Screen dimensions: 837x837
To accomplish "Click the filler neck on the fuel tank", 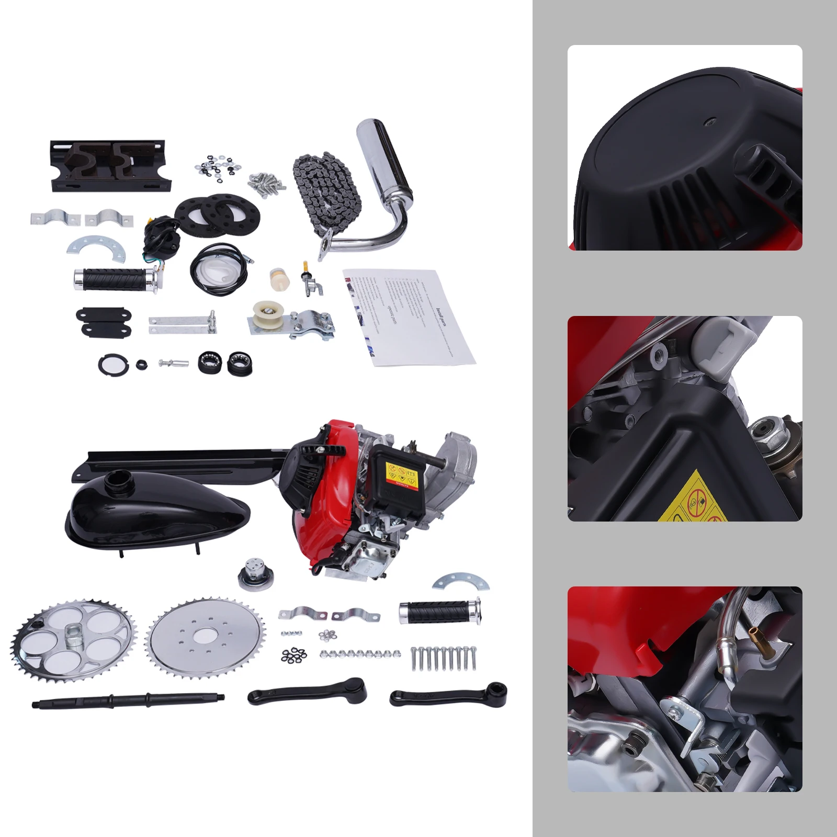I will coord(116,480).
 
